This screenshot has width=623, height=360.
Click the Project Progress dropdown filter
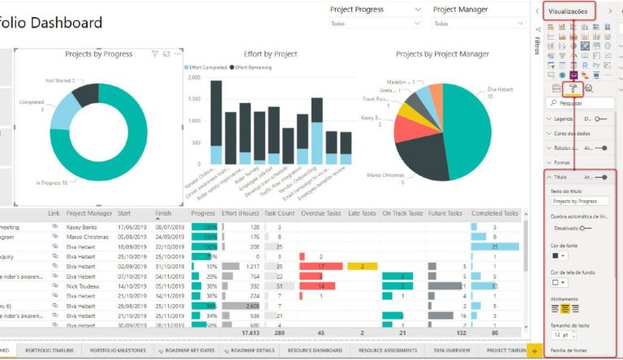tap(376, 24)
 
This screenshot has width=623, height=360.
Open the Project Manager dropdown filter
tap(479, 24)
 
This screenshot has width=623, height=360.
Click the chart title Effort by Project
tap(270, 54)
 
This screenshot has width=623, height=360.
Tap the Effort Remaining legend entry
tap(257, 67)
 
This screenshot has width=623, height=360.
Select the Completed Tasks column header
tap(494, 213)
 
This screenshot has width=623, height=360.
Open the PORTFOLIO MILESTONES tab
tap(118, 350)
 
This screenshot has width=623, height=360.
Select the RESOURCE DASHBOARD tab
tap(315, 350)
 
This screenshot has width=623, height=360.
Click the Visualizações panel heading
tap(568, 11)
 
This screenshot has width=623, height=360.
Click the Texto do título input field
tap(579, 200)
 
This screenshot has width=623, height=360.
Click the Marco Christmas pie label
tap(385, 175)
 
